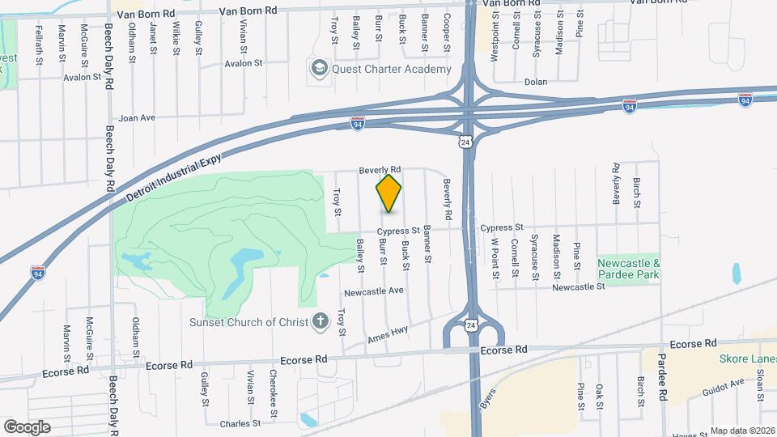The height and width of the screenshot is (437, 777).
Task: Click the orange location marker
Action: coord(389,193)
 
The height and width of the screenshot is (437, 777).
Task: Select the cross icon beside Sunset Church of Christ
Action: coord(321,322)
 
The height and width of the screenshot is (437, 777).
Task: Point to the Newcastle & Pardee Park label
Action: coord(629,269)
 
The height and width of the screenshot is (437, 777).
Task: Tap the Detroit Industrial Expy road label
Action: coord(173,177)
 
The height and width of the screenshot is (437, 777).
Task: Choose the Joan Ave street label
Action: coord(136,117)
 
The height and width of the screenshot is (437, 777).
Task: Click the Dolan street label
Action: coord(536,82)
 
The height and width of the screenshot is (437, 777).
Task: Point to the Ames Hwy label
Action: coord(386,333)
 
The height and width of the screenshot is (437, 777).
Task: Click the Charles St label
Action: coord(240,423)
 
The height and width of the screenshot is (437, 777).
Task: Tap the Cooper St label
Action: coord(446,33)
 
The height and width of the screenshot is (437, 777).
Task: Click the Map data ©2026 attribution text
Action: coord(742,431)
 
